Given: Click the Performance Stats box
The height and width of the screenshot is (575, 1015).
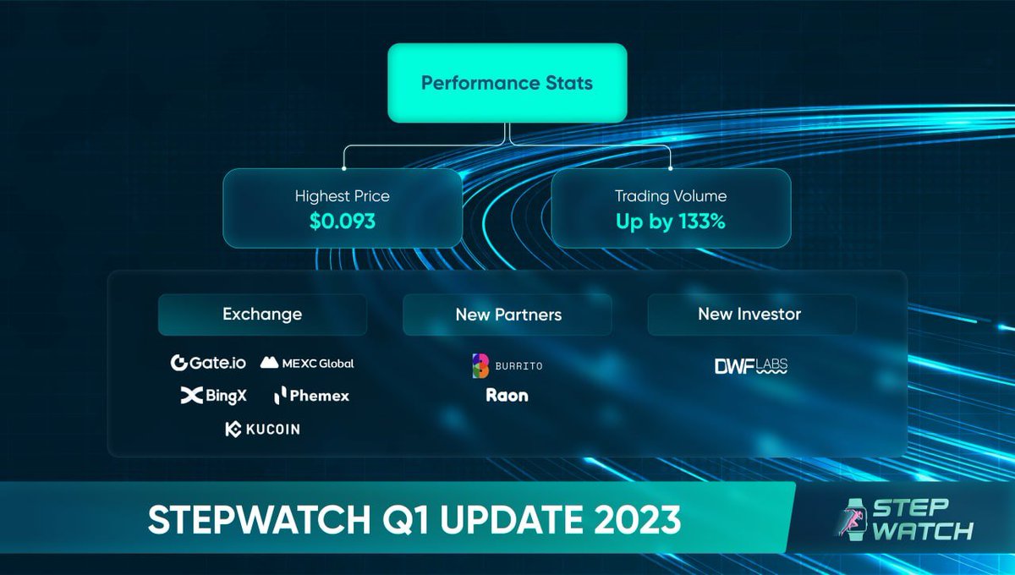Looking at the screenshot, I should [x=507, y=83].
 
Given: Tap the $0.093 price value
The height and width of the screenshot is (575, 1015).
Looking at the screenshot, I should [x=342, y=222].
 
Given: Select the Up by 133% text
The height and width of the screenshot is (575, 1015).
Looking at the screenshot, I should [x=670, y=222].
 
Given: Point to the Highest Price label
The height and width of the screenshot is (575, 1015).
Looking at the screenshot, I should [x=342, y=196].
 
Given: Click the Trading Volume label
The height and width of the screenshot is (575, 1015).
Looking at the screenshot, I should [x=670, y=196].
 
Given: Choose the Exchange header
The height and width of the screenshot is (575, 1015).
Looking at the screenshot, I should [x=262, y=315].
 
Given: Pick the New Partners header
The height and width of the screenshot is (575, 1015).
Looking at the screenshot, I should [x=507, y=315].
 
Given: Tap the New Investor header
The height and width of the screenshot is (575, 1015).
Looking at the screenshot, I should [x=749, y=315].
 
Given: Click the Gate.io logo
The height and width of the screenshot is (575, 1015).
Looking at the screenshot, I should [x=208, y=363].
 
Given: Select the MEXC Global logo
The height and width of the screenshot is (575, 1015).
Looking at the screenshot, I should [x=307, y=363].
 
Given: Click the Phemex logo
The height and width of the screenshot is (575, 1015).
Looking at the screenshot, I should [x=311, y=395].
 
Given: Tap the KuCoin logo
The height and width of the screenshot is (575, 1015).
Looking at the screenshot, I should [x=262, y=429].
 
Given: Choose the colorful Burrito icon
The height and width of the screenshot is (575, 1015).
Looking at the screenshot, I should [x=480, y=365].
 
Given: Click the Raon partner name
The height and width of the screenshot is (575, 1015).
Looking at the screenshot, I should [x=507, y=395].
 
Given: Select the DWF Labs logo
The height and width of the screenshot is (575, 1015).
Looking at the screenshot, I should [x=751, y=367].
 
